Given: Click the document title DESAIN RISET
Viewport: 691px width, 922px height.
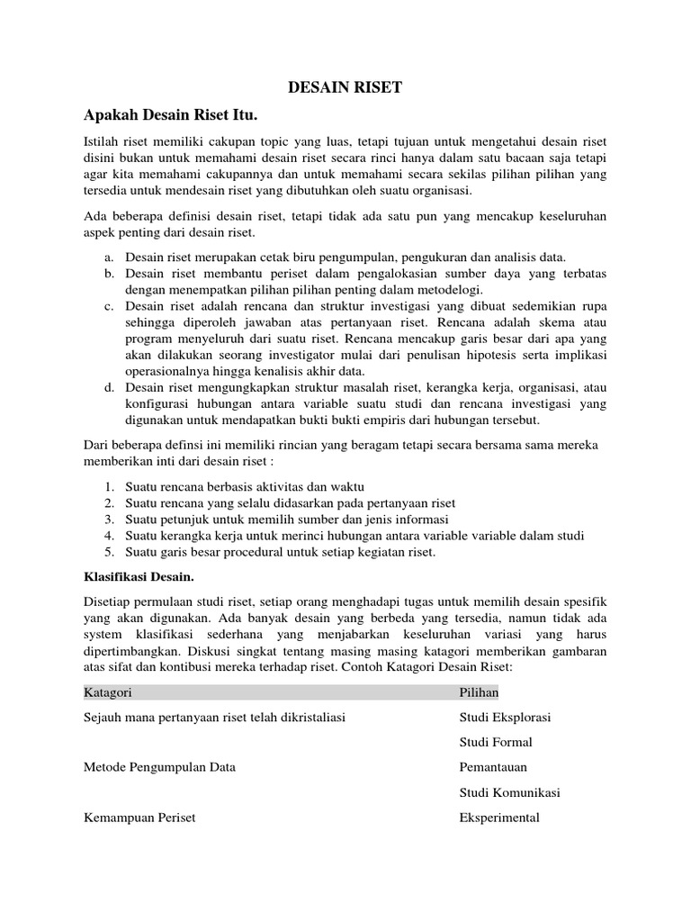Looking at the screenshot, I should [345, 87].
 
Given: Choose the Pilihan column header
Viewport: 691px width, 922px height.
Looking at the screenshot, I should [479, 691].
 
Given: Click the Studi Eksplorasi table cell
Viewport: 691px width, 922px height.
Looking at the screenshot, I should [505, 717].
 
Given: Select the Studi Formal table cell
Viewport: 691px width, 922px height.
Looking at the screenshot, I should [496, 742].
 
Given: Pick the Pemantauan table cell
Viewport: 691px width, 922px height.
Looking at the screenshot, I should [493, 767].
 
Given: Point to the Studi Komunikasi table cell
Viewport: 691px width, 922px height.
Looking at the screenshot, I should [509, 792].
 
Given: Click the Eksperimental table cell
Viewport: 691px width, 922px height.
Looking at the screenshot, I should [499, 818].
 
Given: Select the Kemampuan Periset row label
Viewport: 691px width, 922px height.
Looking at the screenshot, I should [139, 818].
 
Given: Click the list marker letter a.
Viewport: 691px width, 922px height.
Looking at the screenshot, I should [107, 257].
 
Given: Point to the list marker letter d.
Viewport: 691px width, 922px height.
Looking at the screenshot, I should [107, 387].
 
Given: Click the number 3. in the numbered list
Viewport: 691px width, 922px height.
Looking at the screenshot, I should [108, 520].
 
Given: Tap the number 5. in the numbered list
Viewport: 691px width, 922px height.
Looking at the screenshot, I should [108, 552].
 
